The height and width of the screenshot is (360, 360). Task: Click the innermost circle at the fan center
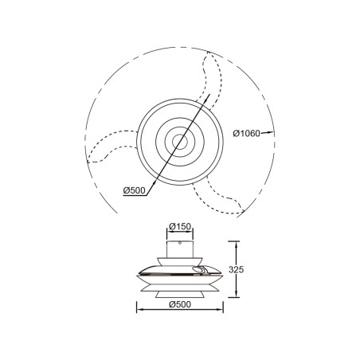179,144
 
